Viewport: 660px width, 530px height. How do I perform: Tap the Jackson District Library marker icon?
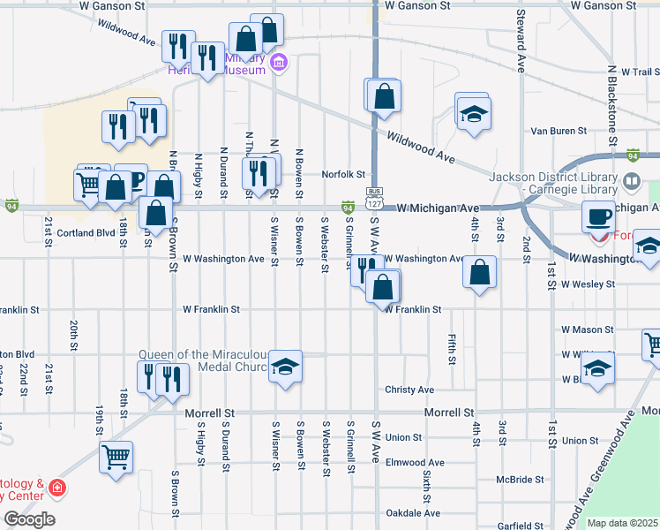click(632, 182)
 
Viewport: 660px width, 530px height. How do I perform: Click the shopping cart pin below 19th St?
click(116, 458)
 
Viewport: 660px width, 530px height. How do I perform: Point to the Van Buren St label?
click(559, 131)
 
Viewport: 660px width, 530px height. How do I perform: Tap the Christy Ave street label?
click(409, 390)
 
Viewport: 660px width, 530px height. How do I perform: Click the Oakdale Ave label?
click(412, 513)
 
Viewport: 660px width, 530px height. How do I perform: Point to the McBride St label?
click(520, 480)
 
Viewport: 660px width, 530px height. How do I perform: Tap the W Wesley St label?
click(588, 284)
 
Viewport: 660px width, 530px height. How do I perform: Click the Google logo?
click(29, 519)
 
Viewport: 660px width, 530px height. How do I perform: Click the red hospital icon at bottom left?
click(57, 488)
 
